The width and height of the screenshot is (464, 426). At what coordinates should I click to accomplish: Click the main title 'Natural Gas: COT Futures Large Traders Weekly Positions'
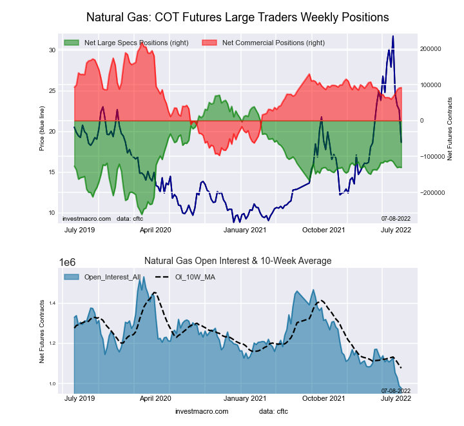click(x=237, y=15)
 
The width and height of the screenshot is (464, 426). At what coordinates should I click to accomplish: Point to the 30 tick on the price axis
click(x=52, y=50)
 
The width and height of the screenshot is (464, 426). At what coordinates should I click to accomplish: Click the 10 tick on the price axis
click(x=52, y=213)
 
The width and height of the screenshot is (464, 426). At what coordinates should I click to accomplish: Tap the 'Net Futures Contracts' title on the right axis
click(x=450, y=128)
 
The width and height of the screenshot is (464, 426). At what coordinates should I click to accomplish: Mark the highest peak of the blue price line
click(x=393, y=37)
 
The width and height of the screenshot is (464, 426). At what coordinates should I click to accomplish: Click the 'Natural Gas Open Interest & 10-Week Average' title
click(x=237, y=261)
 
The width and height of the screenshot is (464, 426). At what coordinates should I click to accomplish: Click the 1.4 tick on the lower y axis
click(x=52, y=303)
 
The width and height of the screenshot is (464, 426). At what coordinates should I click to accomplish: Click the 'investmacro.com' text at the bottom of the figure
click(x=202, y=411)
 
